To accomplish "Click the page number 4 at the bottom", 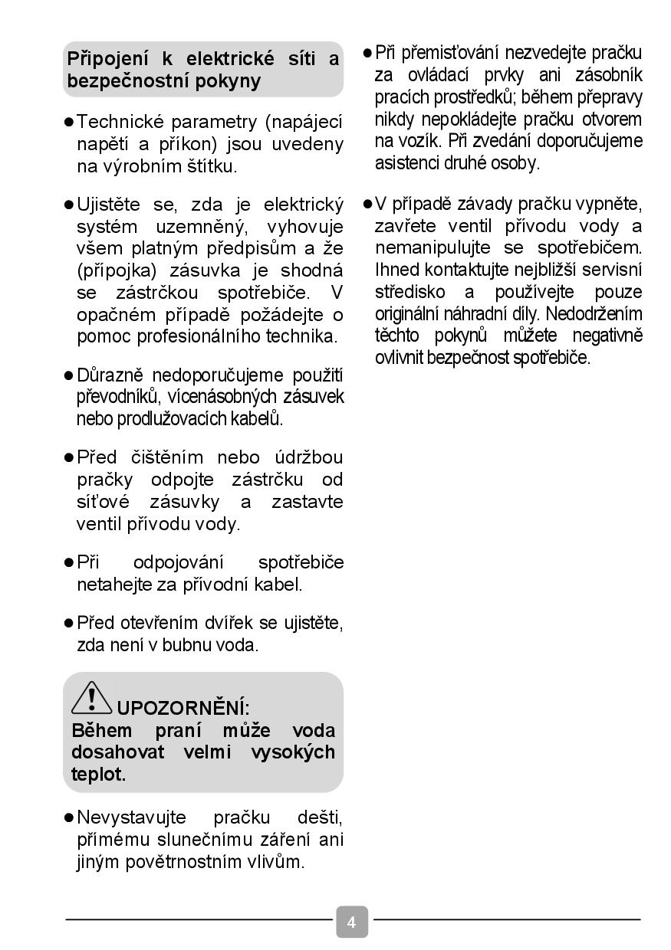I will [351, 922].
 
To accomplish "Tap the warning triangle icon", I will [91, 698].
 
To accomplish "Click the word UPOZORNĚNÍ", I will [183, 708].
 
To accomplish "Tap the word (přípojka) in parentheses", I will [115, 270].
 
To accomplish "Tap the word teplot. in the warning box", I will [98, 774].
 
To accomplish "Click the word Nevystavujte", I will [131, 817].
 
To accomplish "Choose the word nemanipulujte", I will [435, 248].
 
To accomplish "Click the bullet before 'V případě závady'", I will [367, 205].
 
